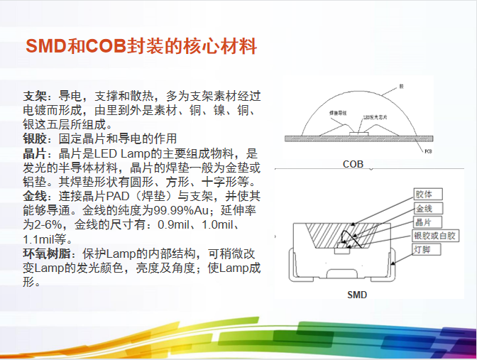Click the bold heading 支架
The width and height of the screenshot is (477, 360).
[35, 96]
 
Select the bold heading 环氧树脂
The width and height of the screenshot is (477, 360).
[46, 253]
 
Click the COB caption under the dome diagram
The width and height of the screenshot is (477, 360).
[353, 165]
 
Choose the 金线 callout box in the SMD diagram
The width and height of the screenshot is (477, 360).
[428, 209]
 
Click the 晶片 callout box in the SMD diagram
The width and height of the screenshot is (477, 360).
[428, 222]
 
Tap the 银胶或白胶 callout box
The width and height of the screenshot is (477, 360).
[436, 236]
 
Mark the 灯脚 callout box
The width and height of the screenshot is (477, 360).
[428, 249]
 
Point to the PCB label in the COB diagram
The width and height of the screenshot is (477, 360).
[427, 151]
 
